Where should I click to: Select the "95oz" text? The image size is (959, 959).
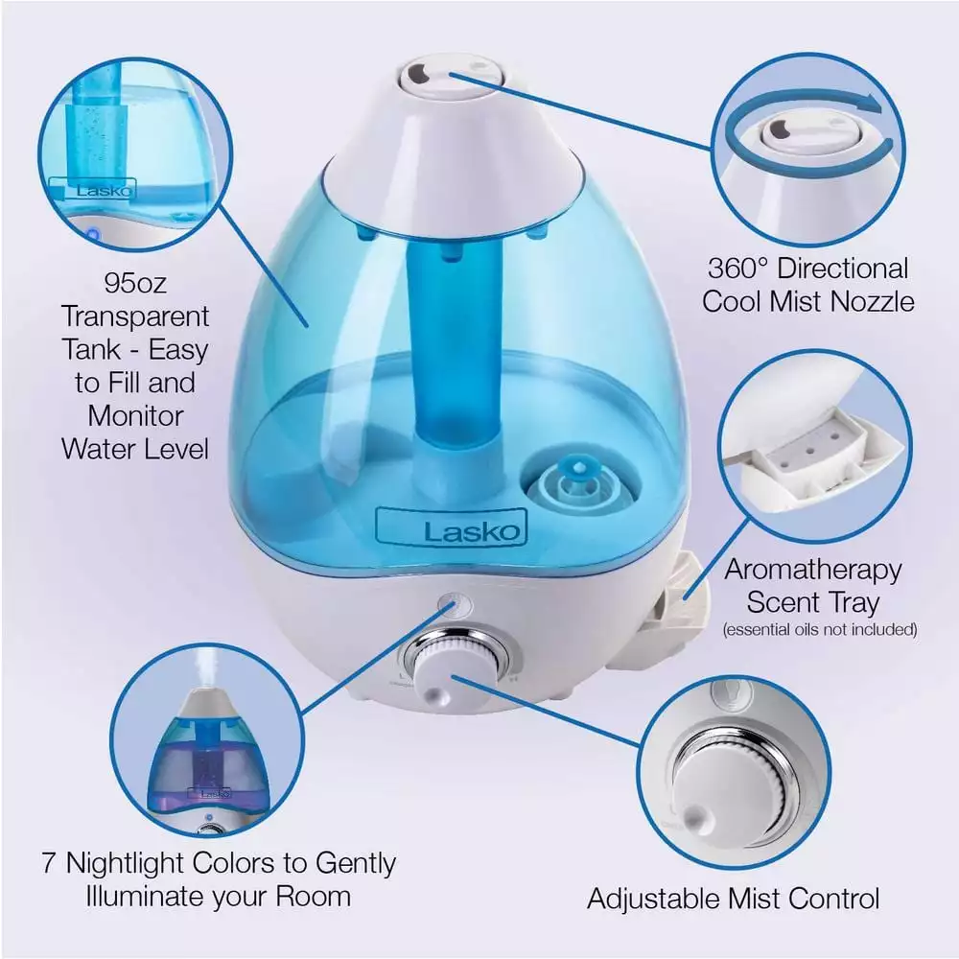coord(134,284)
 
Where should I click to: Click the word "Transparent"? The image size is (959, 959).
coord(134,316)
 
